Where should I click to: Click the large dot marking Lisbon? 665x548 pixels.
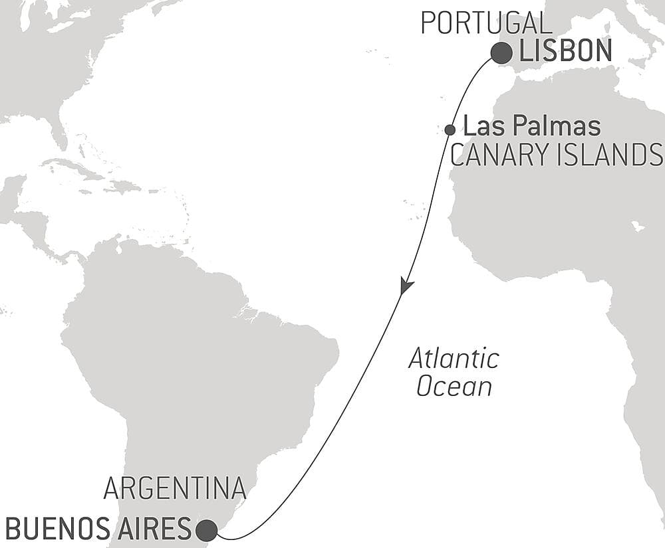(502, 53)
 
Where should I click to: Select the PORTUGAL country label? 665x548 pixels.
(486, 23)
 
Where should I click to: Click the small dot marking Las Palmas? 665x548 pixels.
(450, 130)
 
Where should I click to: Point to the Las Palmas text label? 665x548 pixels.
(531, 126)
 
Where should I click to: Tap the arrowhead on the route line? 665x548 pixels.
(406, 286)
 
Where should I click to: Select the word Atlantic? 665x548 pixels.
(454, 359)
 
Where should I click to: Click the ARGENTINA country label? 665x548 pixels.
(175, 489)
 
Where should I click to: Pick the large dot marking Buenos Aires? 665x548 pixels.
(207, 530)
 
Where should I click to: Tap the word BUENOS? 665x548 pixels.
(53, 530)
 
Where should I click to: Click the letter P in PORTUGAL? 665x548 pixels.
(428, 23)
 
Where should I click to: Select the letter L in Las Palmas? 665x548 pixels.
(468, 126)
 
